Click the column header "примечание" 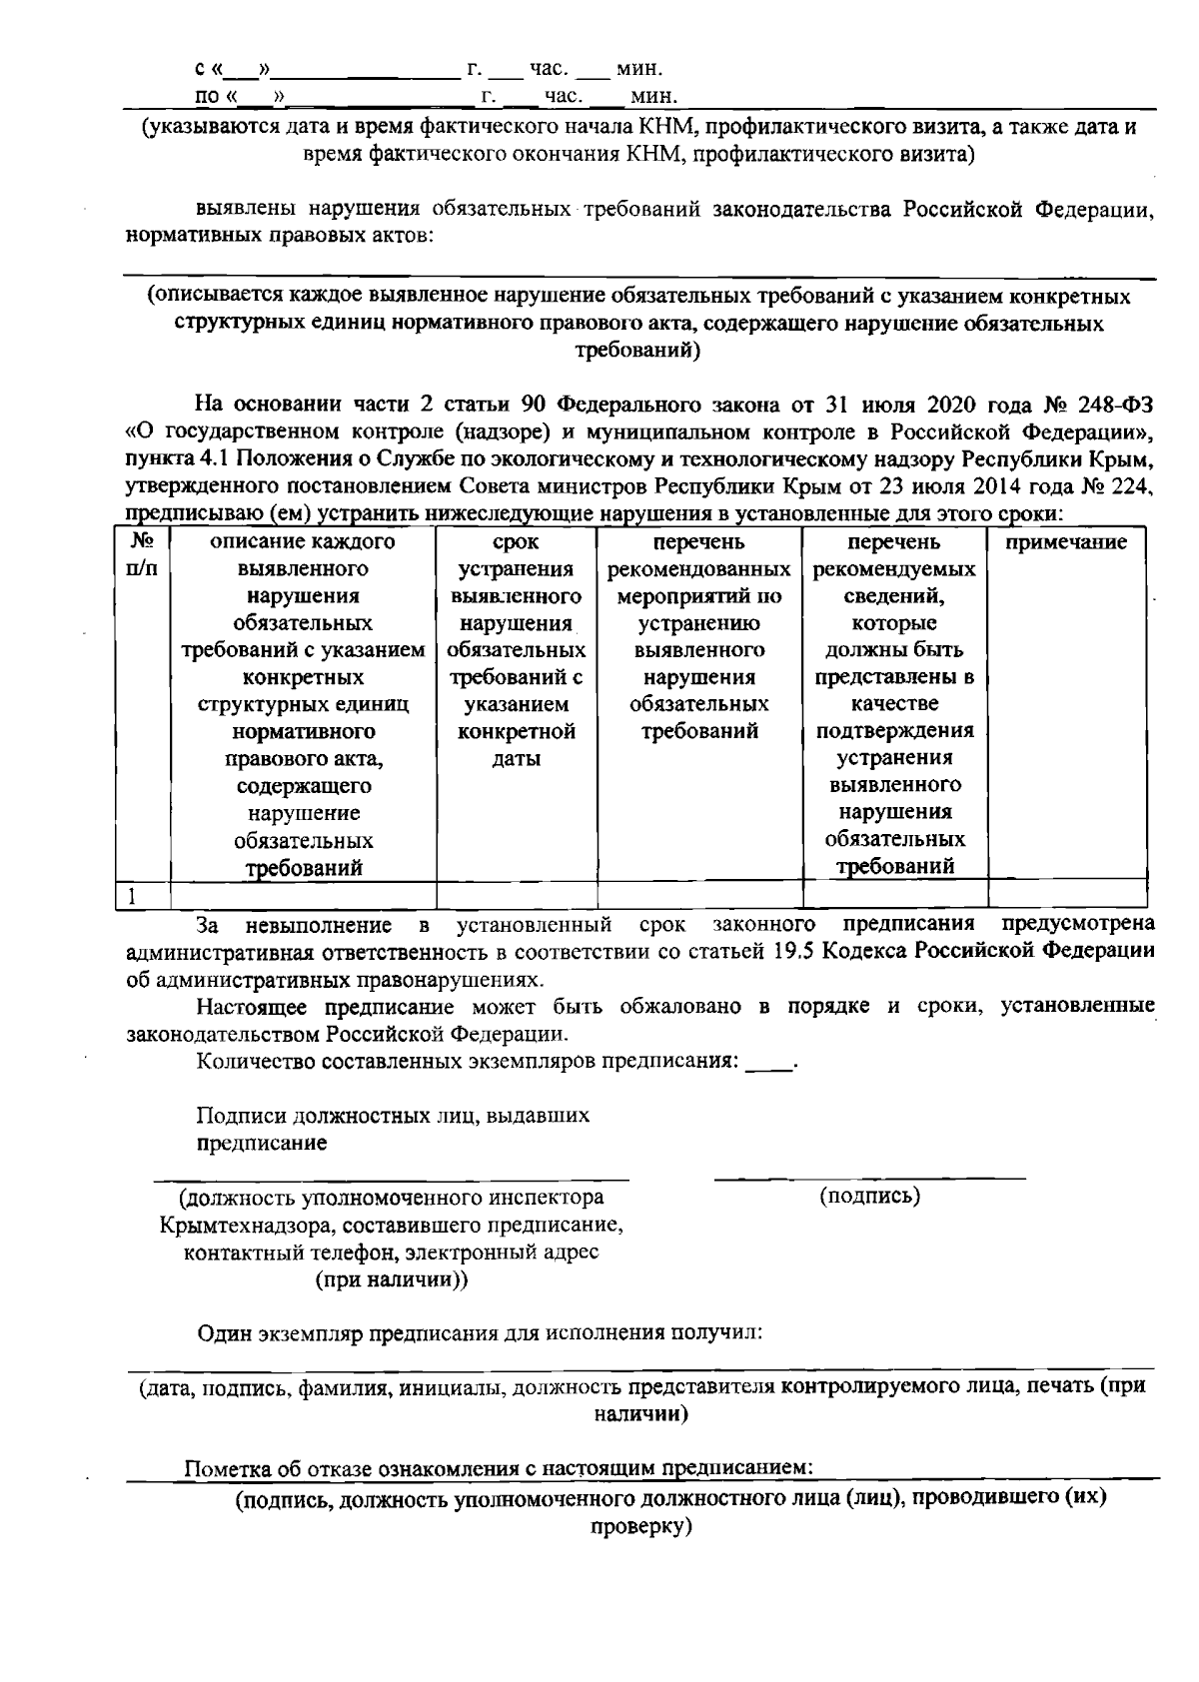[x=1065, y=542]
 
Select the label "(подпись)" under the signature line [x=869, y=1196]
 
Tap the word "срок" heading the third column [x=516, y=542]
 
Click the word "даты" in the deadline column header [x=516, y=759]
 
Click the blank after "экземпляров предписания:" [x=768, y=1061]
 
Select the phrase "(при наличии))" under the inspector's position [x=392, y=1279]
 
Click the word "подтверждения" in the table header [x=894, y=731]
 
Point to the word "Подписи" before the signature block [x=236, y=1115]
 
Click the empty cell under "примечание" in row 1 [x=1067, y=894]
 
